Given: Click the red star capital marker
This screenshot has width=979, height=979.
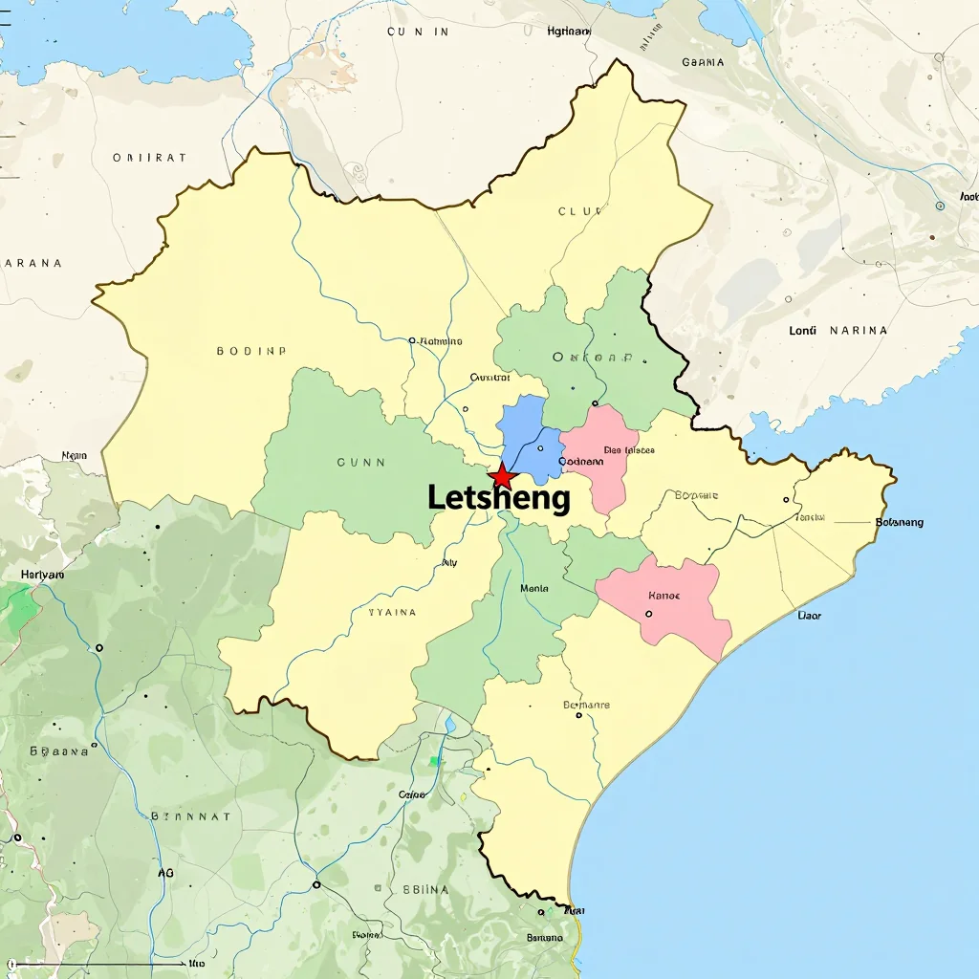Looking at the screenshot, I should (x=501, y=475).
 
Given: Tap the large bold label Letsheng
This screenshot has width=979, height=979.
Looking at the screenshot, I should (x=498, y=498).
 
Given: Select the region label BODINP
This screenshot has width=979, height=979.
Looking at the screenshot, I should (x=251, y=351).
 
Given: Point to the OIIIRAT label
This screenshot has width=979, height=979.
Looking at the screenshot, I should (x=149, y=158).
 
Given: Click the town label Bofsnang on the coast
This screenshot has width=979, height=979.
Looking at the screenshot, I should (x=899, y=522).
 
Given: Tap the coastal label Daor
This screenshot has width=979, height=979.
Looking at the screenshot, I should (x=809, y=616).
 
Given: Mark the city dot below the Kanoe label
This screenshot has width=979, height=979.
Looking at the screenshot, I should (x=650, y=614).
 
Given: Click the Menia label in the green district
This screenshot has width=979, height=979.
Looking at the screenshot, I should (x=533, y=589).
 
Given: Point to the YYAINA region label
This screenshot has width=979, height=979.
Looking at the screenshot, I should (x=392, y=612).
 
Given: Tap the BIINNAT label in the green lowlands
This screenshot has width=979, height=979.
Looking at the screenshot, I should (x=190, y=816).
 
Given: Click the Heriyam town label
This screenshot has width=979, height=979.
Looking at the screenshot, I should (x=42, y=575).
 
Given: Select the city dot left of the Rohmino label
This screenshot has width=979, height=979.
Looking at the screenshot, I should (x=412, y=340).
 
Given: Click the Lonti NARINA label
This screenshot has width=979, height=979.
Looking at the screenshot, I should (x=838, y=331).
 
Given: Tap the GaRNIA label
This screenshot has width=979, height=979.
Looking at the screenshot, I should (x=703, y=62).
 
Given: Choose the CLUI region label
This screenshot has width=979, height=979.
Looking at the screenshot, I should (x=576, y=211).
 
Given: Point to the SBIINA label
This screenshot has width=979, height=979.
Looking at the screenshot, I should (x=426, y=888).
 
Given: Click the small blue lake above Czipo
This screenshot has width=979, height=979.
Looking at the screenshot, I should (x=449, y=724).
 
